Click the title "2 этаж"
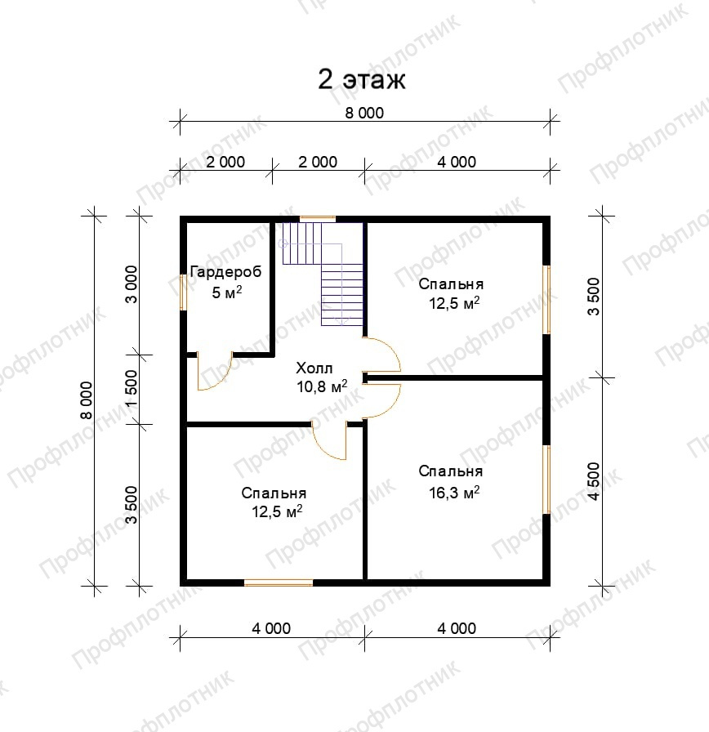tap(362, 80)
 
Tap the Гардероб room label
tap(226, 272)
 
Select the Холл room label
tap(314, 368)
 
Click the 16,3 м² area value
tap(454, 493)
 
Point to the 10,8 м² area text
tap(322, 386)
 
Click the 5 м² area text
tap(227, 292)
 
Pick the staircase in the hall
tap(322, 274)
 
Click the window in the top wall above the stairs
tap(318, 218)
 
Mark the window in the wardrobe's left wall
tap(183, 292)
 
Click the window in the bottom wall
tap(279, 582)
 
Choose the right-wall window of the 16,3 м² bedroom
tap(546, 480)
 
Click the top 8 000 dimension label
tap(364, 113)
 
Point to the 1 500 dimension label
tap(132, 389)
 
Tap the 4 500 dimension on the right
tap(594, 481)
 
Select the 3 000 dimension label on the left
tap(132, 285)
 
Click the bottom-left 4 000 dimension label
tap(271, 628)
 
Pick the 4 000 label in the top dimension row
tap(457, 162)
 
